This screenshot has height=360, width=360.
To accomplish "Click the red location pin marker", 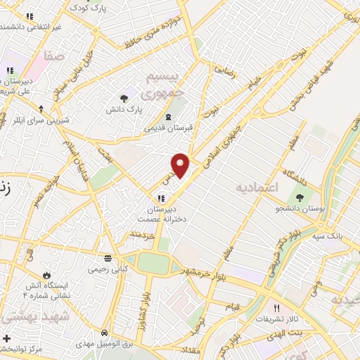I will pos(181,165).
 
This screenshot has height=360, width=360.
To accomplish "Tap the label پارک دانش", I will pos(124,110).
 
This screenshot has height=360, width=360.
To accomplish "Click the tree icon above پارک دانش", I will pos(124,98).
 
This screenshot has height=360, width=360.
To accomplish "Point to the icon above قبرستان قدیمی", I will pos(167,117).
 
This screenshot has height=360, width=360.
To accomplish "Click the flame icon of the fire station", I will pos(47,274).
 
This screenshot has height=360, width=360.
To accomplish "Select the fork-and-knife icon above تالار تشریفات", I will pos(276,308).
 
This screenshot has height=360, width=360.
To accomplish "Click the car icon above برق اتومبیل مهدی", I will pos(104,332).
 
